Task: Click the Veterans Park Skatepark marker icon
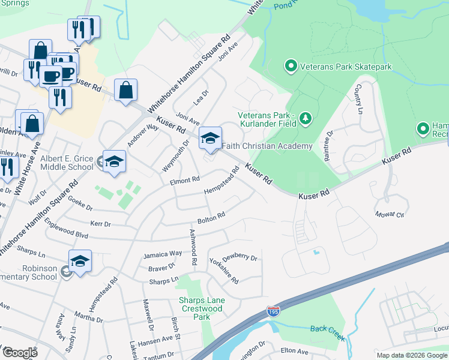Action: [291, 65]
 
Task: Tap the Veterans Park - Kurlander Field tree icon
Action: [306, 118]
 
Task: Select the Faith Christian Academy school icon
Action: [210, 139]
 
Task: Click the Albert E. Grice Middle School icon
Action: [114, 161]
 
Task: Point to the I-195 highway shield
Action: [273, 311]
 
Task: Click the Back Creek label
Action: [328, 332]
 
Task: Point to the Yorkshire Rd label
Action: [224, 271]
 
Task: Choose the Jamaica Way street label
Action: [162, 254]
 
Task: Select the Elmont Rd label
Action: [184, 180]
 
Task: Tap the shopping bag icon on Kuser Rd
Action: [126, 91]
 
